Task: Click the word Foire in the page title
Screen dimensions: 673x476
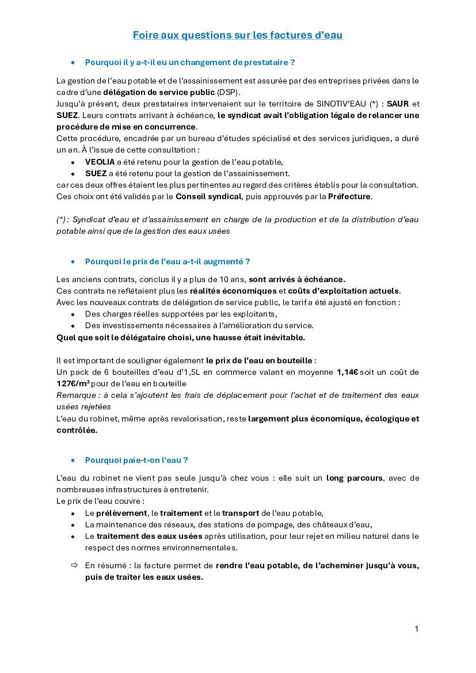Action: [x=145, y=35]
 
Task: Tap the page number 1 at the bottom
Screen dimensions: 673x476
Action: [x=416, y=629]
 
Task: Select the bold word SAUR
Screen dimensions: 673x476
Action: [x=398, y=104]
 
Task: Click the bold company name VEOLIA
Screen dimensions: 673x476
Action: [x=100, y=162]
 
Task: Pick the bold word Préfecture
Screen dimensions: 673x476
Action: [x=350, y=196]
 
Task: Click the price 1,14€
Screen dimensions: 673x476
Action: [x=347, y=372]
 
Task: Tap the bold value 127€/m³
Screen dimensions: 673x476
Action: [x=73, y=383]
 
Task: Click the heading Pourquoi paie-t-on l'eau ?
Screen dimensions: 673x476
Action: [x=136, y=460]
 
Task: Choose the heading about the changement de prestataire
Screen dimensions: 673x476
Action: [x=190, y=62]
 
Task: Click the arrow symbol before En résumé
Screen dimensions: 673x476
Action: [x=74, y=565]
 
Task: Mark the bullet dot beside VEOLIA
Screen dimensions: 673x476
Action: [x=73, y=162]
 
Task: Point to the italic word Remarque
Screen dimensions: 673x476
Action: [x=74, y=395]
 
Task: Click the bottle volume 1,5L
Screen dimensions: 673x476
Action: [x=189, y=372]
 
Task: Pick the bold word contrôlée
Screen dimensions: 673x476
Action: [x=77, y=430]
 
